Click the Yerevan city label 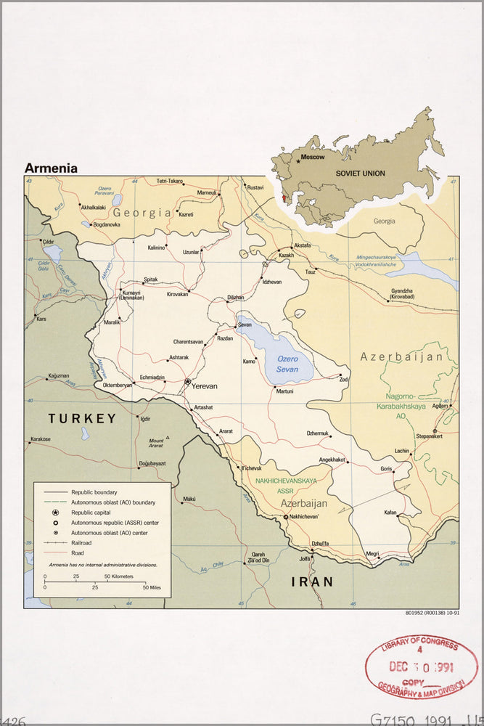click(x=204, y=386)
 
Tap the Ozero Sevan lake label click(x=287, y=364)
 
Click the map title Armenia click(x=51, y=168)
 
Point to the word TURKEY click(x=82, y=418)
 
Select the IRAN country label click(x=312, y=582)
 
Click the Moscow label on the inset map click(x=313, y=157)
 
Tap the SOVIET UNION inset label click(x=360, y=174)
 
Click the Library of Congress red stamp click(x=421, y=666)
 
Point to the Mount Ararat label click(x=156, y=444)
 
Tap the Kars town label click(x=41, y=319)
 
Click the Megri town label click(x=372, y=553)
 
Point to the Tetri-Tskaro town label click(x=170, y=181)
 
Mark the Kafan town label click(x=390, y=513)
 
